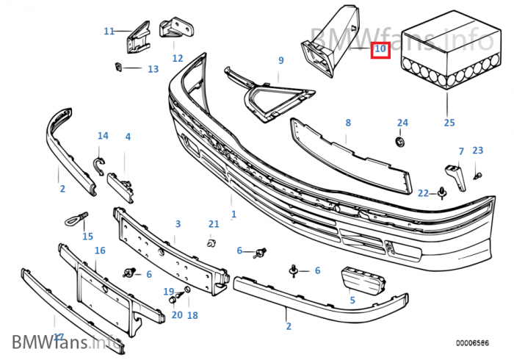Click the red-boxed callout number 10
tap(380, 50)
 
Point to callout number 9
tap(280, 60)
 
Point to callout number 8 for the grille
tap(348, 123)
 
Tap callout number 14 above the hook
tap(103, 136)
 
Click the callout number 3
tap(177, 223)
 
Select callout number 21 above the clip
tap(214, 223)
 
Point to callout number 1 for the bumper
tap(234, 215)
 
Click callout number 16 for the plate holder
tap(100, 251)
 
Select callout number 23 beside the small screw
tap(478, 150)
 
